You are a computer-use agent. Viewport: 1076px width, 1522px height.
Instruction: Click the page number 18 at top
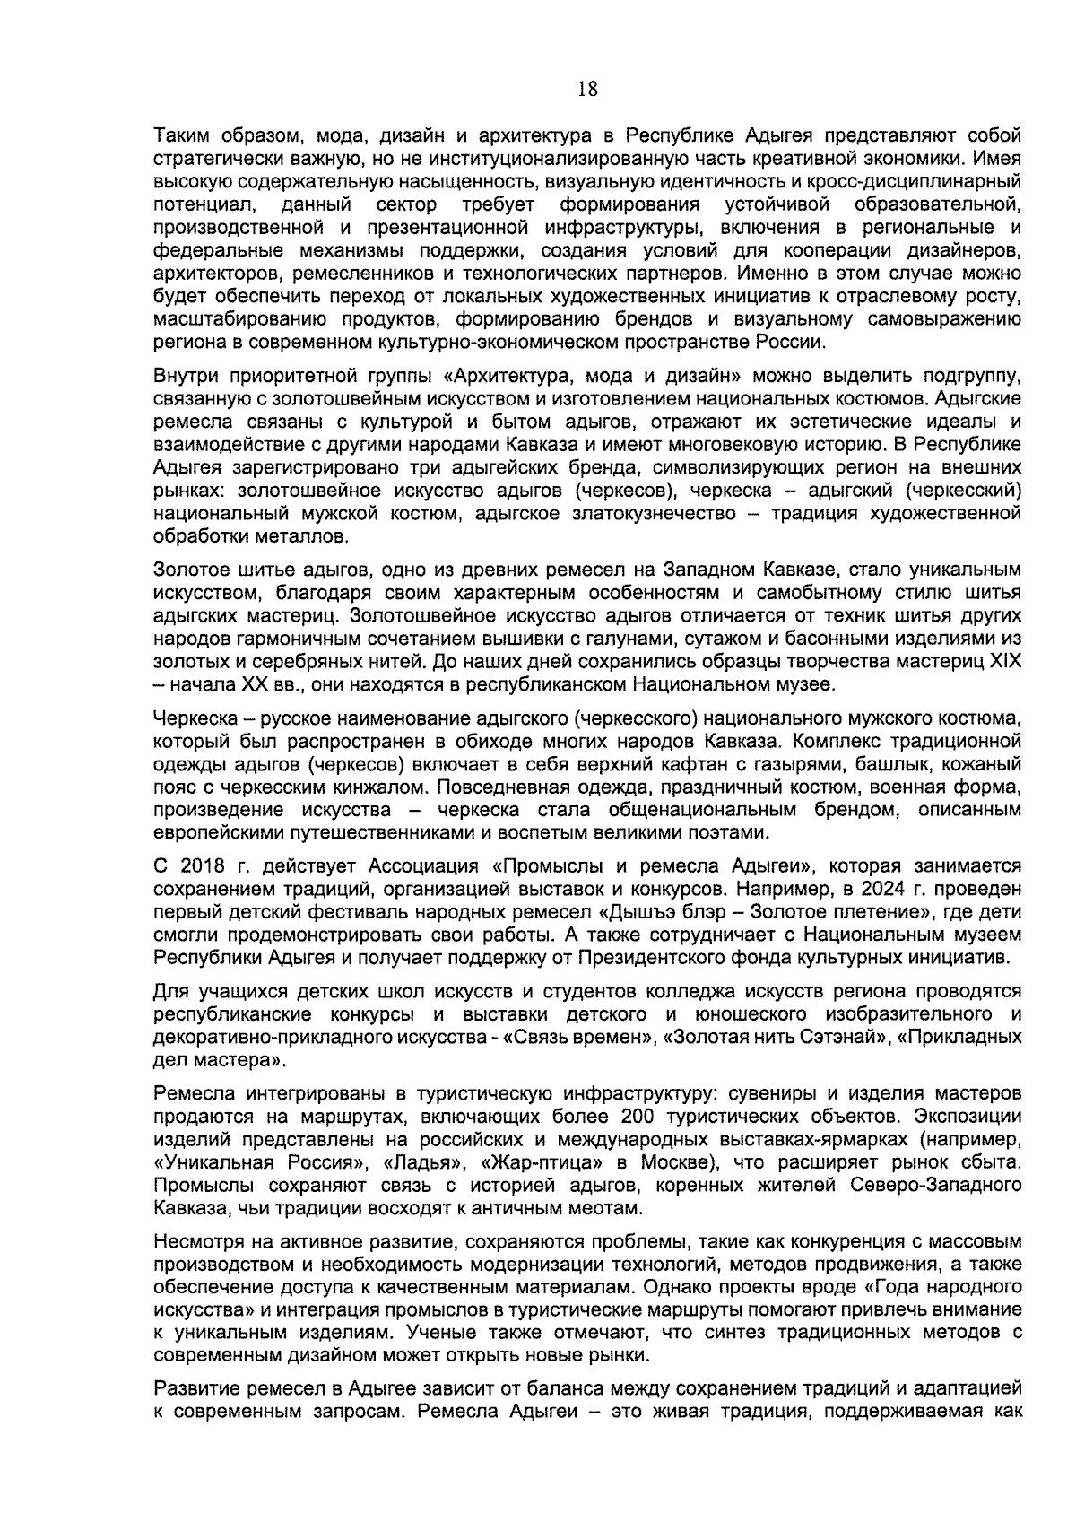pyautogui.click(x=587, y=89)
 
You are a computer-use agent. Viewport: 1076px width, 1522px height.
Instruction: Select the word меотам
pyautogui.click(x=608, y=1208)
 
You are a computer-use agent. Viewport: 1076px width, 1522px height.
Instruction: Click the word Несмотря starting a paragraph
pyautogui.click(x=195, y=1243)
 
